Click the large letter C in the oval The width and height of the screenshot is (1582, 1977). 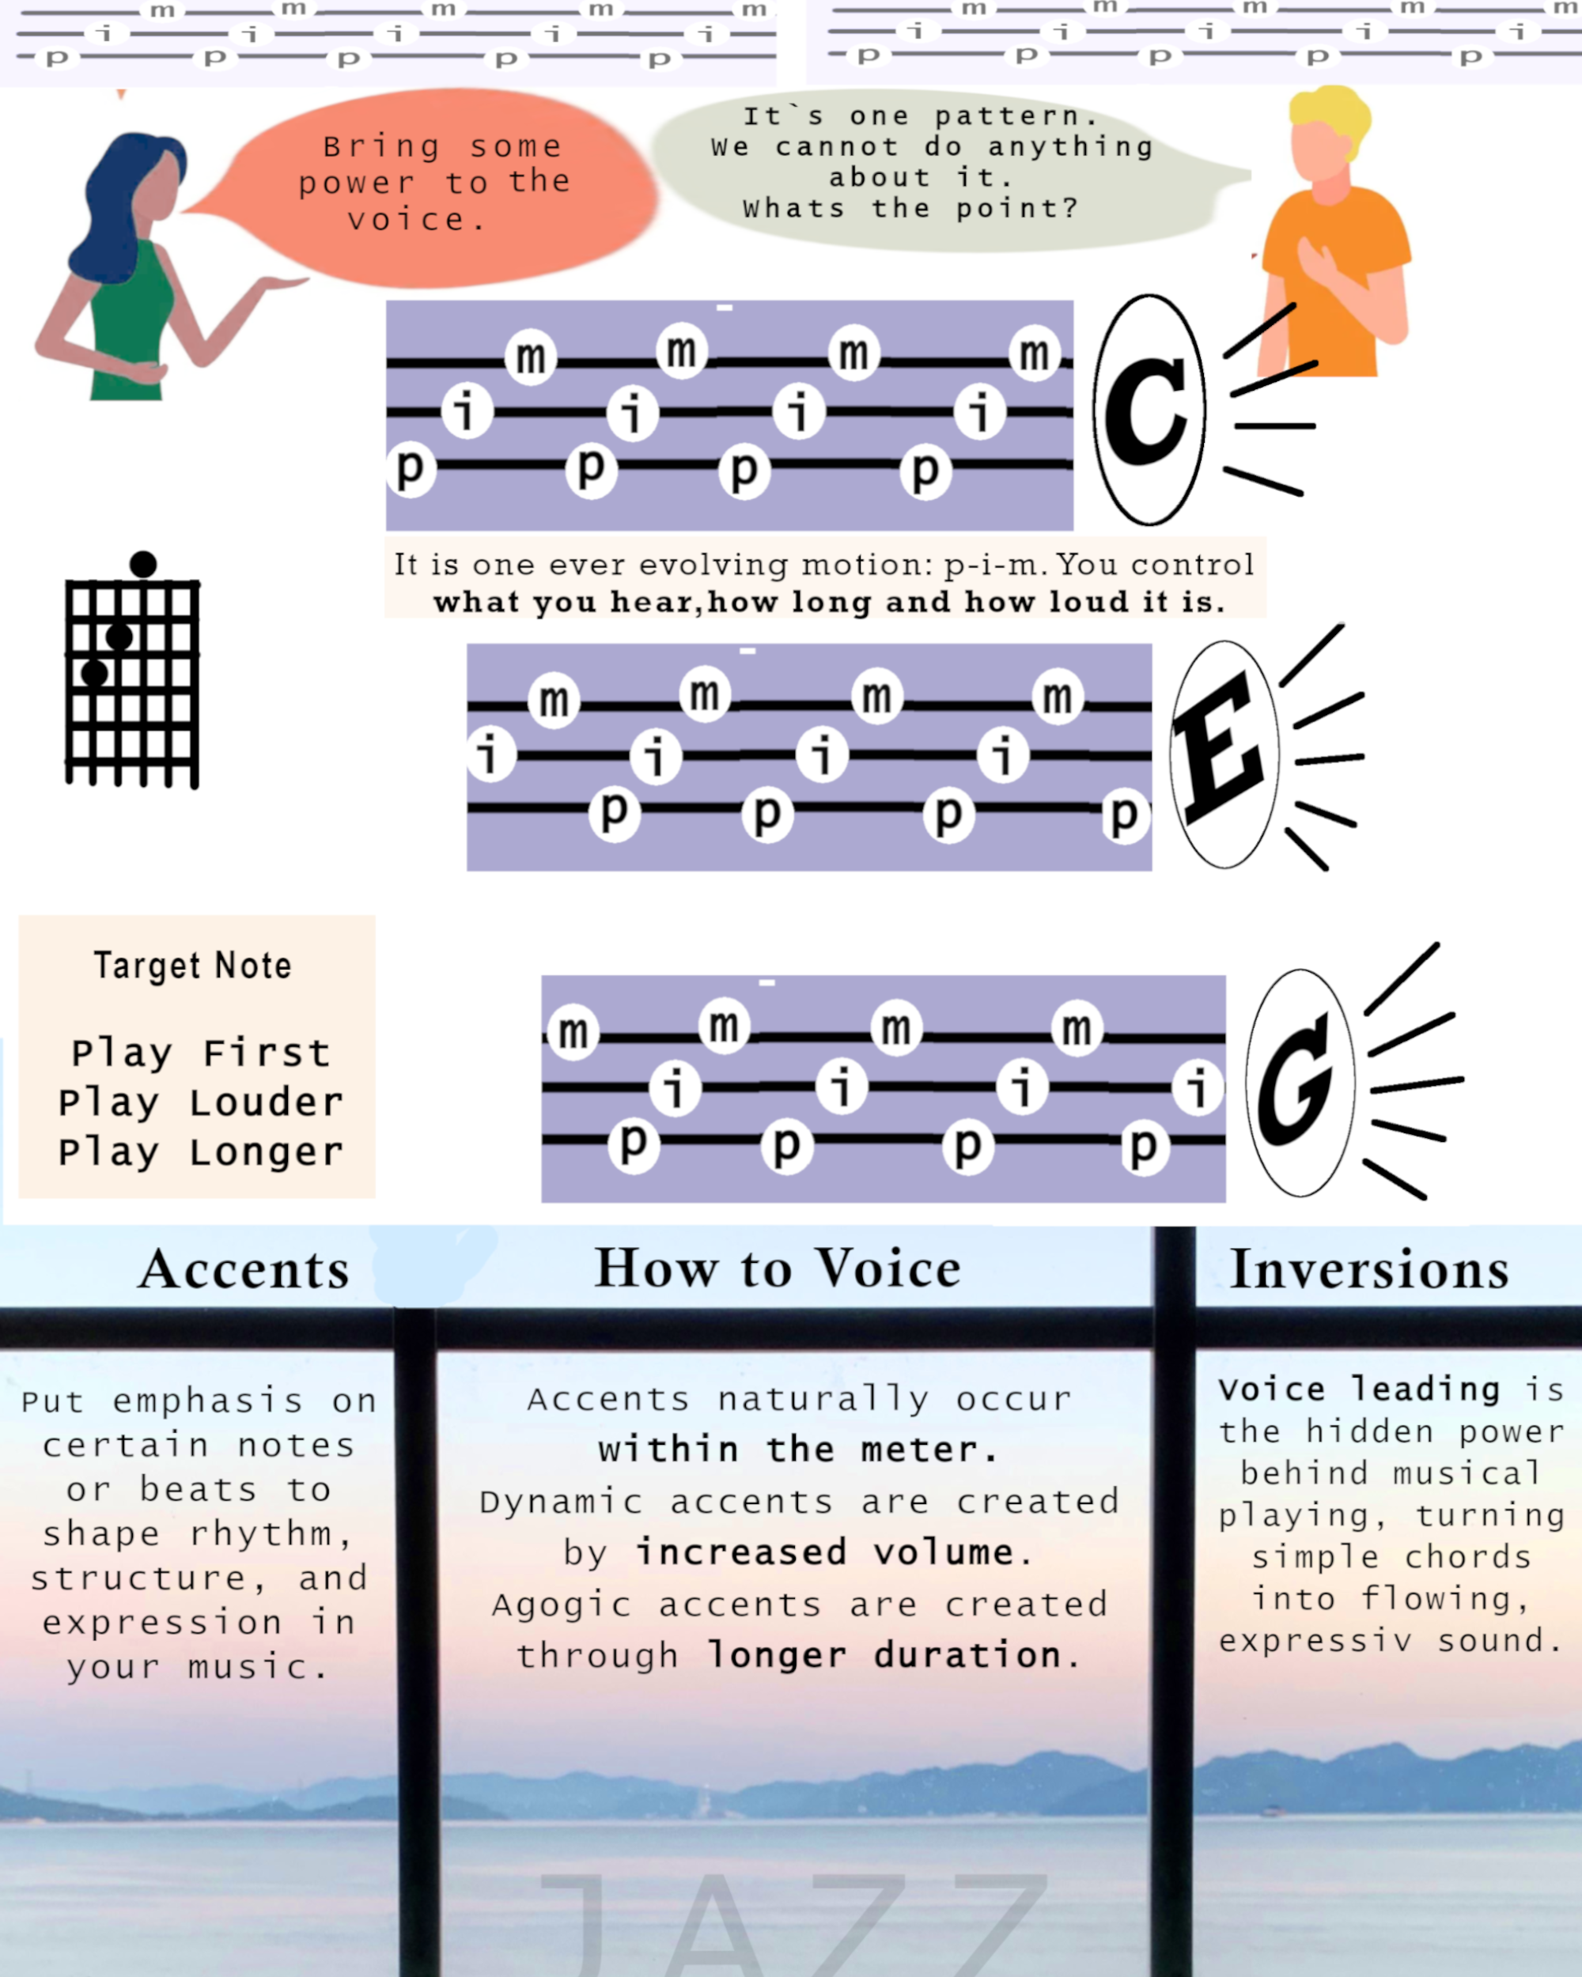[x=1146, y=410]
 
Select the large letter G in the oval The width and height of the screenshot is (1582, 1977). [x=1295, y=1082]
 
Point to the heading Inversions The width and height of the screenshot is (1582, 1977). [x=1369, y=1270]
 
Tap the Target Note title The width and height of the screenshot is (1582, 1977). [x=192, y=966]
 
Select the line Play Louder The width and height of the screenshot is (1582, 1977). [x=201, y=1102]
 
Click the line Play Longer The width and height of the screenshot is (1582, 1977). [x=201, y=1151]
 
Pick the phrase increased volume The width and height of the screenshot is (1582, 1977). [x=825, y=1552]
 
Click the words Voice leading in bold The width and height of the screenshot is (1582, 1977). [x=1358, y=1389]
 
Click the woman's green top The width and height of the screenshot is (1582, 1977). [x=133, y=321]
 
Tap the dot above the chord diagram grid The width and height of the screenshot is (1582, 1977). [x=143, y=564]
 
